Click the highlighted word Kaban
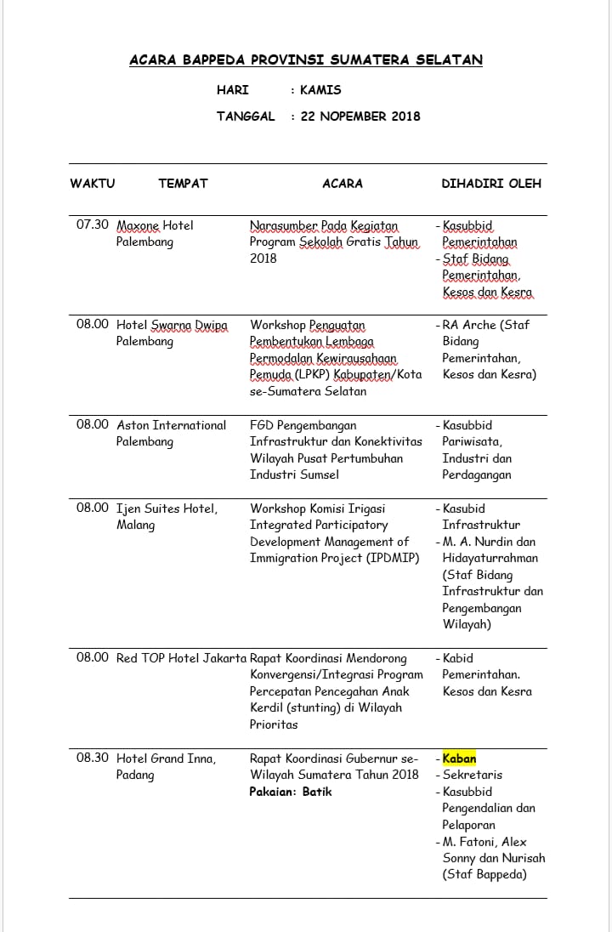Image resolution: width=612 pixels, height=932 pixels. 459,759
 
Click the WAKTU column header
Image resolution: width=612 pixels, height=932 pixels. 92,183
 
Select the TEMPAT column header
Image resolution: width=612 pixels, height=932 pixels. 183,183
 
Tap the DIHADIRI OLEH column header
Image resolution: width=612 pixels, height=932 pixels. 491,183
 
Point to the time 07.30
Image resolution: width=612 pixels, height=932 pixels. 93,225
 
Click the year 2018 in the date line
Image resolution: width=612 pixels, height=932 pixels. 405,116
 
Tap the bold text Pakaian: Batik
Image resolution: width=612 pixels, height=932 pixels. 291,792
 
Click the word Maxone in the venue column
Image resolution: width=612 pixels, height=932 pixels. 138,225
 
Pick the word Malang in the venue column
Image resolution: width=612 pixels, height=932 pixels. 136,525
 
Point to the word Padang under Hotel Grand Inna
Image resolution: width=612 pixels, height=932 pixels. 136,775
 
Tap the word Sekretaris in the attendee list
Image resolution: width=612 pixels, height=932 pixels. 473,775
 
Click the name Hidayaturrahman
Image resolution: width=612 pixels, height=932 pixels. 490,558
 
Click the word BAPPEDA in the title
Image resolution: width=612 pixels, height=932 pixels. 204,60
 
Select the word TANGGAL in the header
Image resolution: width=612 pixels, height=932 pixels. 246,116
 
